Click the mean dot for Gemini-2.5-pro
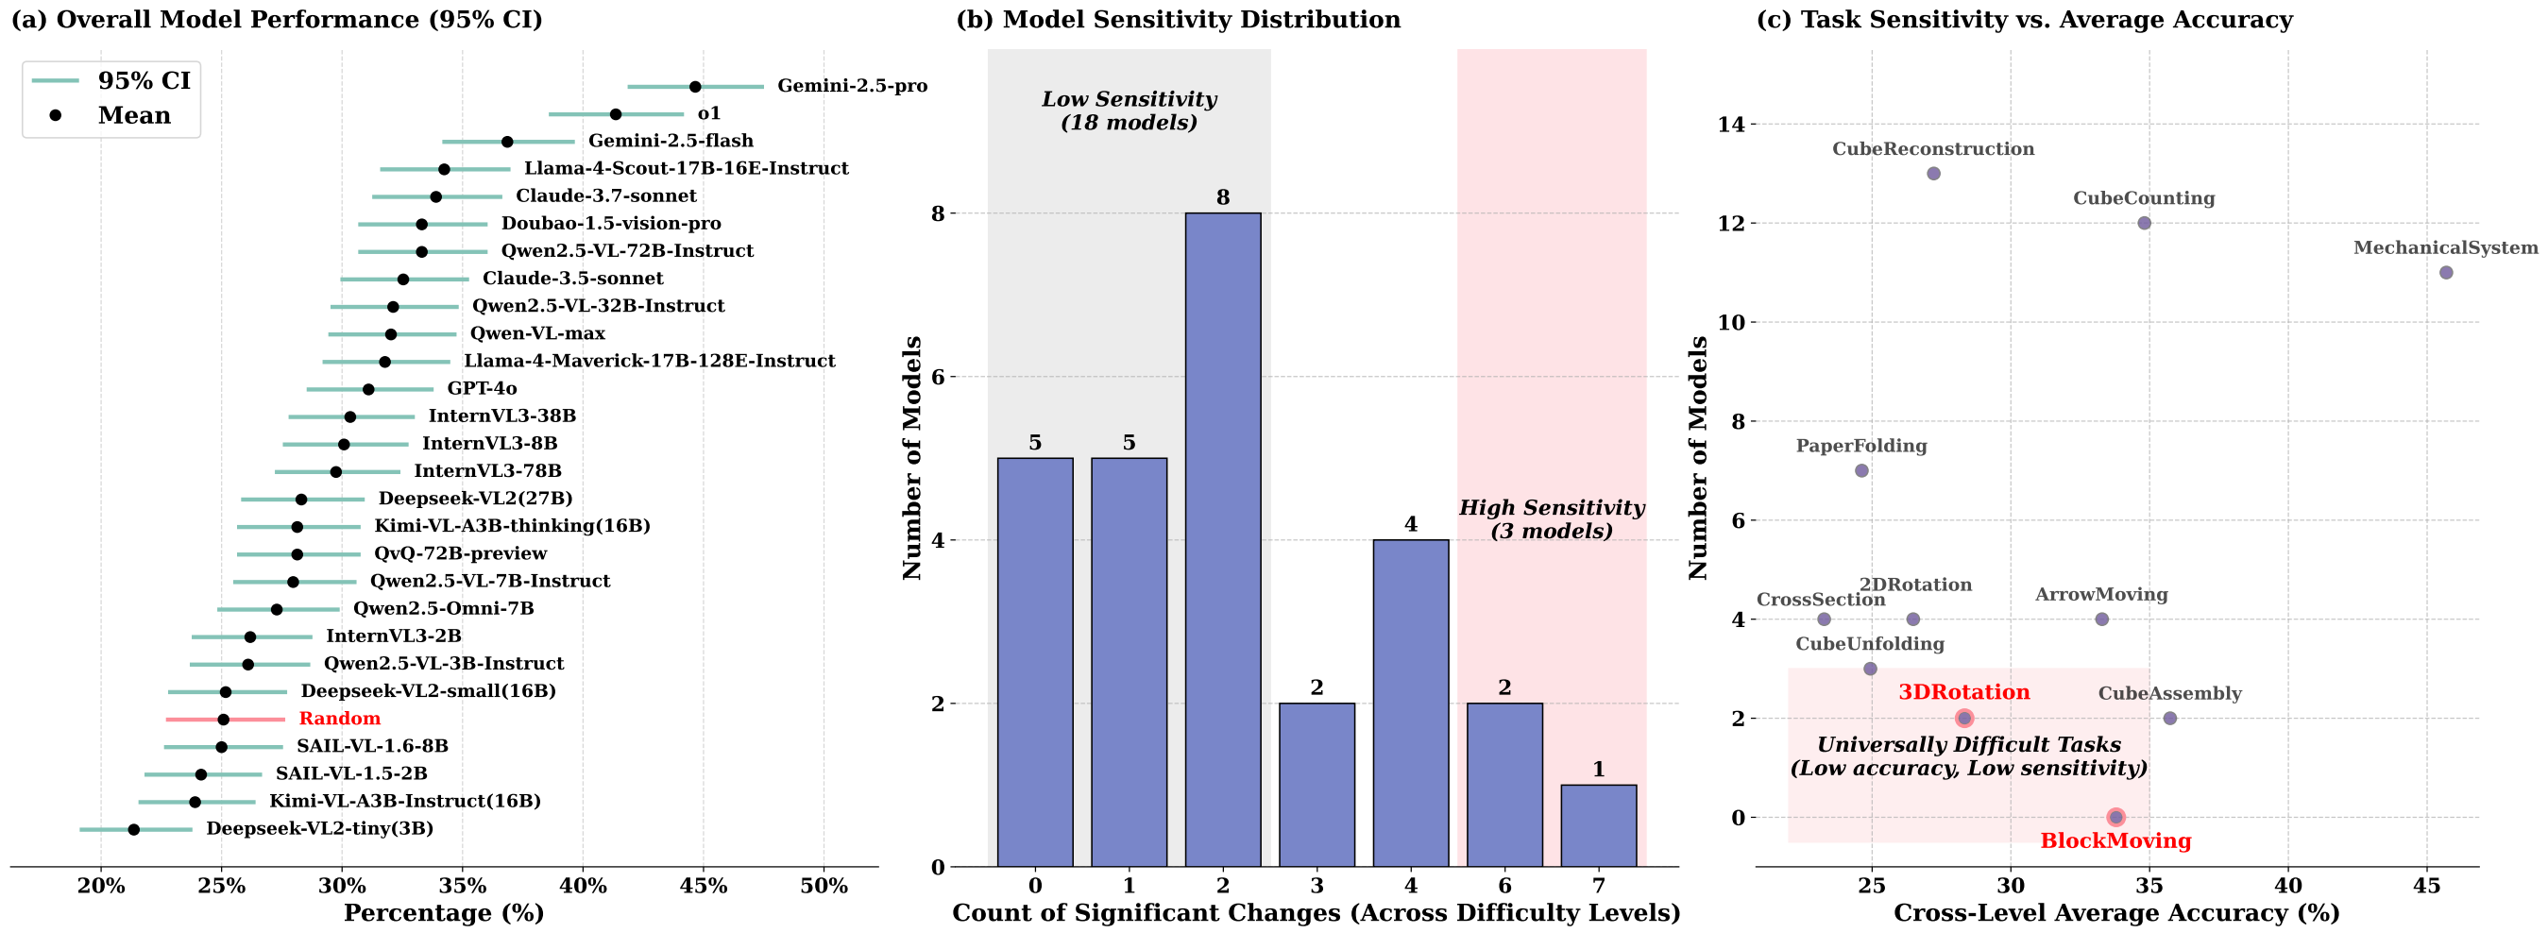694,87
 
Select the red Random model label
339,719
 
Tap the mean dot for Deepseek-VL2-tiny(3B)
133,829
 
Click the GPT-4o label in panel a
482,389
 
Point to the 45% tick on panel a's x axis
704,886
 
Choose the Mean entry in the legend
133,116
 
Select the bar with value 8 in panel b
1223,539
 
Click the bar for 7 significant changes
1599,825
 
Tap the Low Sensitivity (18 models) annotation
1129,110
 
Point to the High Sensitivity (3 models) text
1551,519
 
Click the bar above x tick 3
1316,785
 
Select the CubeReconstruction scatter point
1934,173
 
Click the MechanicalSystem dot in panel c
2446,272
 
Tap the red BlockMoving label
2115,841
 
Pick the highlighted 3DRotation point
1964,719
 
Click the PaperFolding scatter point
1861,471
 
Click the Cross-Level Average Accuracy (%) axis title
2115,912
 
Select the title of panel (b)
1178,20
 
